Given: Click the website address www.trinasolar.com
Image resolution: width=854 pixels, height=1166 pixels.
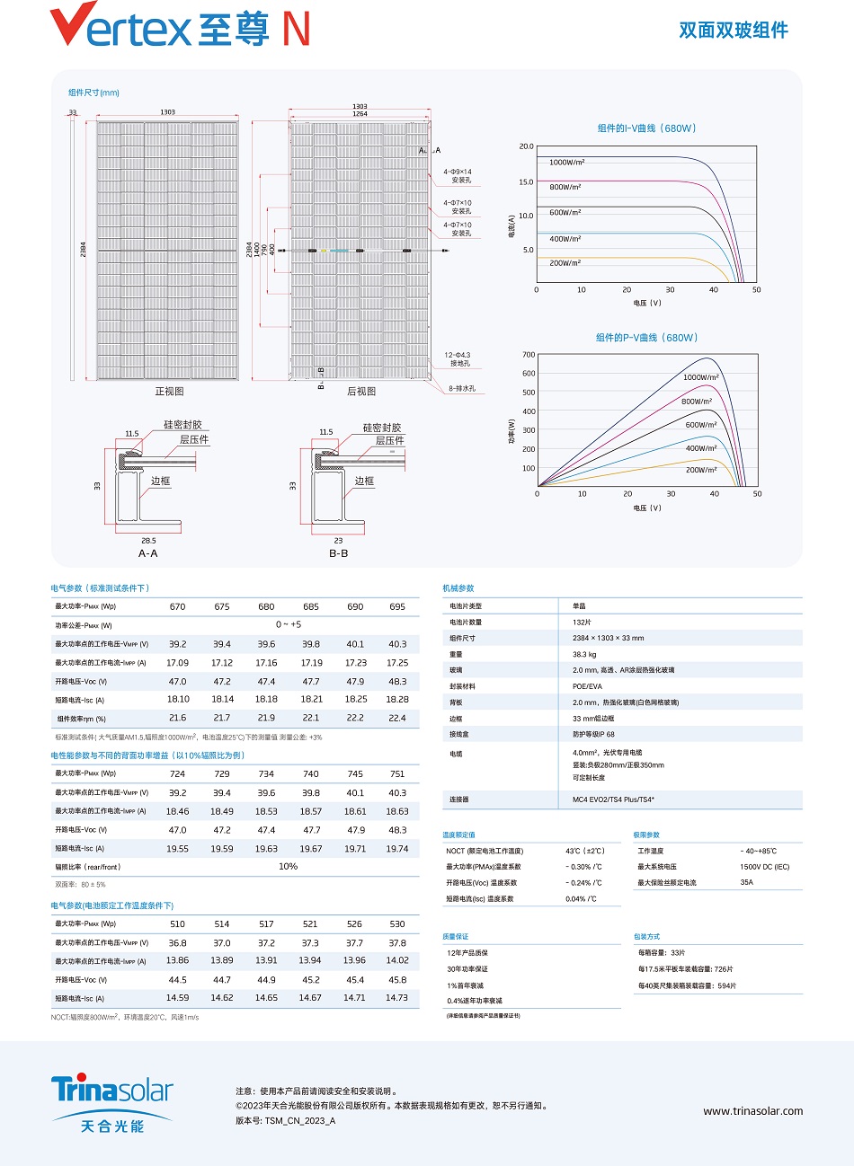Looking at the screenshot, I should tap(752, 1111).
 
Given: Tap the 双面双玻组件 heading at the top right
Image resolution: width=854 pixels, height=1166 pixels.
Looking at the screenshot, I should tap(733, 31).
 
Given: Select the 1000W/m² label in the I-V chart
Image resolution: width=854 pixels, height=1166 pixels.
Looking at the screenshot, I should tap(566, 163).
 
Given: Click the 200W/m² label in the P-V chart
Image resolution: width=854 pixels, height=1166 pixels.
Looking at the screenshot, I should tap(701, 470).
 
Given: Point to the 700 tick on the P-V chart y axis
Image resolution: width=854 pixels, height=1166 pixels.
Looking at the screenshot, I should tap(529, 355).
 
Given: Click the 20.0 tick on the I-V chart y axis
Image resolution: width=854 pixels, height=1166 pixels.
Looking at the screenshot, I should tap(526, 146).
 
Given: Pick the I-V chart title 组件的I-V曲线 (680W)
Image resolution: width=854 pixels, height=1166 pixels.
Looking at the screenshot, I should tap(646, 128).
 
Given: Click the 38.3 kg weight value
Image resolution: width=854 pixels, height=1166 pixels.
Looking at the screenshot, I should tap(585, 654).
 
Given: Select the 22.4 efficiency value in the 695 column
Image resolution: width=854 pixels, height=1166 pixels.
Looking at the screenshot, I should tap(397, 718).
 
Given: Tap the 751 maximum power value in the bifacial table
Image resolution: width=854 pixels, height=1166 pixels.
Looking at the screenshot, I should tap(397, 773).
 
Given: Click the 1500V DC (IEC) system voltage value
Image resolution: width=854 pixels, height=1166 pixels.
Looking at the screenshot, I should tap(764, 867).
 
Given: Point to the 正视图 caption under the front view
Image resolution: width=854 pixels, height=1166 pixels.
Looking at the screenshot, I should tap(169, 392).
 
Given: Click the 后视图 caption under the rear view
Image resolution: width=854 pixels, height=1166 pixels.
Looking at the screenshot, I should tap(361, 392).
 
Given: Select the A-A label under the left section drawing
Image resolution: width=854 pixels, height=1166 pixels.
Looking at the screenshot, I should tap(148, 553).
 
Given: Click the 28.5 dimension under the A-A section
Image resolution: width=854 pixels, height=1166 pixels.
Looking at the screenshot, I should tap(148, 541).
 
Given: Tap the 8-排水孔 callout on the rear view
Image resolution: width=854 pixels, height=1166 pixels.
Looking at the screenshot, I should tap(462, 389).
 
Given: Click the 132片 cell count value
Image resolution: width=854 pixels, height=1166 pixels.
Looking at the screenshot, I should tap(582, 622).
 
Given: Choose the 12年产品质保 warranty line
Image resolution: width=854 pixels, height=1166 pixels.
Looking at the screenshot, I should tap(467, 953).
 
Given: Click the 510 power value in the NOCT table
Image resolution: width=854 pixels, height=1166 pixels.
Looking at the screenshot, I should tap(178, 923).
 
